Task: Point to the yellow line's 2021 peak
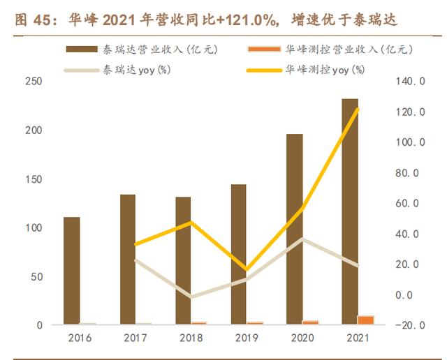(358, 110)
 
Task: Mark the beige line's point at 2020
(302, 239)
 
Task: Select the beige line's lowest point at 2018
(190, 297)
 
